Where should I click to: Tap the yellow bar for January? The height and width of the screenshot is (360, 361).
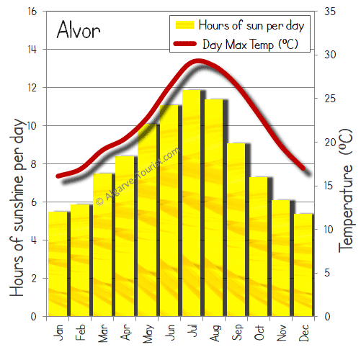click(58, 264)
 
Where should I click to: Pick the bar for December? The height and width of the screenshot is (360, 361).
click(303, 265)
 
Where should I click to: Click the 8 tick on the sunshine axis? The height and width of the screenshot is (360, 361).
click(33, 164)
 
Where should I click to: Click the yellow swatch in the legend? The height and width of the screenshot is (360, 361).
click(186, 25)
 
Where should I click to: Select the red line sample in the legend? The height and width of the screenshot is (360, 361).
click(186, 44)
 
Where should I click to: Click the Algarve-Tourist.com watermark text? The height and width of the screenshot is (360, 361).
click(137, 176)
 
